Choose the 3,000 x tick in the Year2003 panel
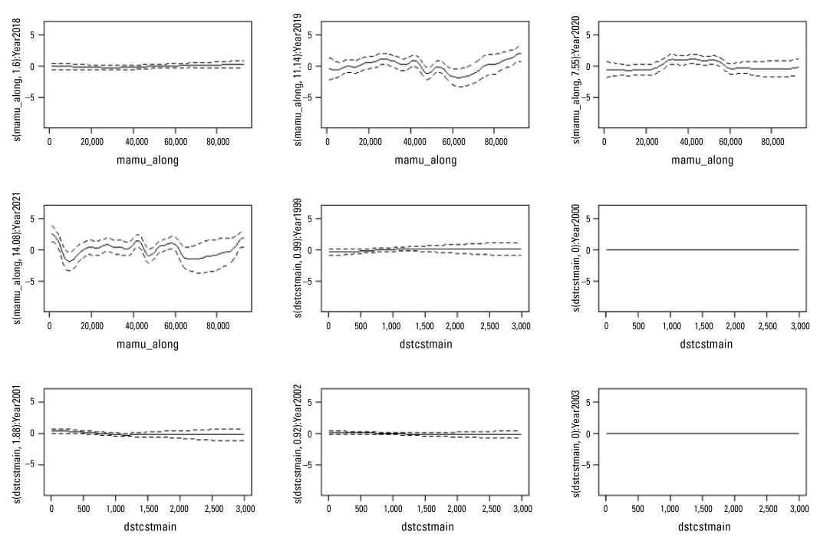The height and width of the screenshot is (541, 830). click(x=799, y=510)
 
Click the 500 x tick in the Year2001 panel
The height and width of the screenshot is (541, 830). click(x=83, y=510)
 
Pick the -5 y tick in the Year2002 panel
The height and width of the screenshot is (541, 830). click(x=312, y=466)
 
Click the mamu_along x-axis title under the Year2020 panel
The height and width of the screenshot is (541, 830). click(x=703, y=160)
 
